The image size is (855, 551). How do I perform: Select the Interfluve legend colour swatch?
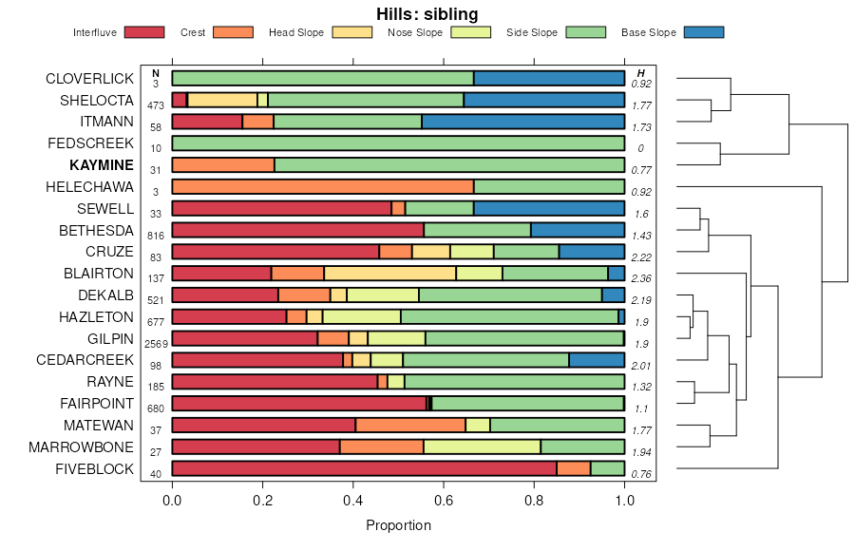pyautogui.click(x=143, y=32)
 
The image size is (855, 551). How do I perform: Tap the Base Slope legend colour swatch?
pyautogui.click(x=703, y=32)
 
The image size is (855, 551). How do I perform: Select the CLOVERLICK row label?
pyautogui.click(x=90, y=79)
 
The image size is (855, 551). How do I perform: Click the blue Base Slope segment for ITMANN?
pyautogui.click(x=522, y=122)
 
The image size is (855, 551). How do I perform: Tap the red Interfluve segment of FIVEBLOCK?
pyautogui.click(x=364, y=468)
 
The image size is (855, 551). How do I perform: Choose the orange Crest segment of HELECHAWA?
pyautogui.click(x=323, y=187)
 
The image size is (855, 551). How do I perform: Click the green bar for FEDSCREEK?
pyautogui.click(x=398, y=143)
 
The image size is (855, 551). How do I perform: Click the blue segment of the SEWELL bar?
pyautogui.click(x=549, y=208)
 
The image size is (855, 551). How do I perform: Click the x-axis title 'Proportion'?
pyautogui.click(x=398, y=525)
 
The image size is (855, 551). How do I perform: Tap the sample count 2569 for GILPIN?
pyautogui.click(x=156, y=343)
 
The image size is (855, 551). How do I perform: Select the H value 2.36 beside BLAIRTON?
pyautogui.click(x=641, y=278)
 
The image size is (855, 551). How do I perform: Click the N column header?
pyautogui.click(x=156, y=73)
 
